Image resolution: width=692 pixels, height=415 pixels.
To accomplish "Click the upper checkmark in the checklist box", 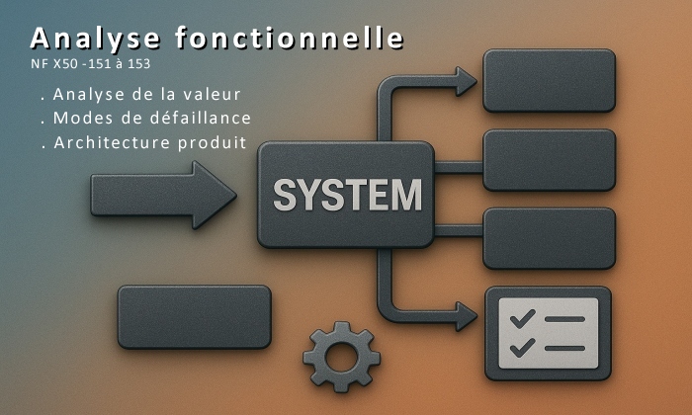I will [524, 318].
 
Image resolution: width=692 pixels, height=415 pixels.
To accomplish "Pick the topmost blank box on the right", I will [549, 80].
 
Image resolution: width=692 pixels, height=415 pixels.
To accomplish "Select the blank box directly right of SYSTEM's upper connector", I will [549, 159].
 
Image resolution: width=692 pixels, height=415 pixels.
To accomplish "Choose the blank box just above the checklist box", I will [549, 238].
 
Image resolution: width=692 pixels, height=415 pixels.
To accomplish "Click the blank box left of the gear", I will [194, 316].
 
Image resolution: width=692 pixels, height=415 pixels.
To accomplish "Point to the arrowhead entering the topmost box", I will [466, 81].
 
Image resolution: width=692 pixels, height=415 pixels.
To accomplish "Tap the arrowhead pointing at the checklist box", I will [466, 317].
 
